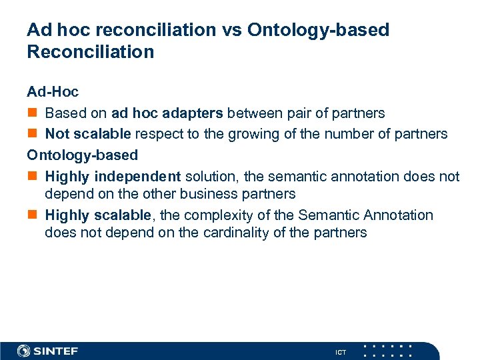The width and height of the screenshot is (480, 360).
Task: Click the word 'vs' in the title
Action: [x=231, y=30]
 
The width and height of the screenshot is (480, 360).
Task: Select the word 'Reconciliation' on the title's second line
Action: [x=90, y=52]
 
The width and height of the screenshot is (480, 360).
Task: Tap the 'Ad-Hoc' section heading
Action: [x=53, y=92]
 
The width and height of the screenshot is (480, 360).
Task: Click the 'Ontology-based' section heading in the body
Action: [x=82, y=155]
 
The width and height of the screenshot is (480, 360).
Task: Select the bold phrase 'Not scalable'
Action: [x=88, y=134]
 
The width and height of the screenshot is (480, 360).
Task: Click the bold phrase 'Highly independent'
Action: [x=113, y=176]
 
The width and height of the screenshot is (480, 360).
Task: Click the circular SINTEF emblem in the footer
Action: [x=24, y=351]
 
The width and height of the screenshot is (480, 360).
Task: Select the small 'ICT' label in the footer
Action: [x=341, y=352]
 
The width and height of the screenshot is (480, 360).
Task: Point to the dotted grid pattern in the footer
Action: [x=387, y=351]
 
